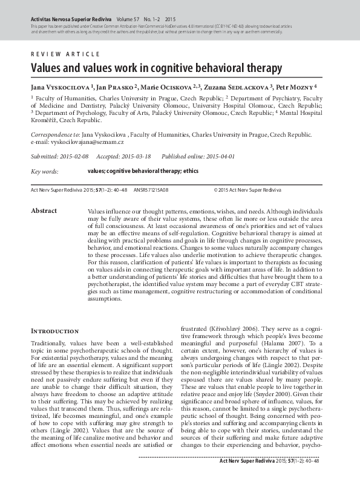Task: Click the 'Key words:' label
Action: point(45,172)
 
